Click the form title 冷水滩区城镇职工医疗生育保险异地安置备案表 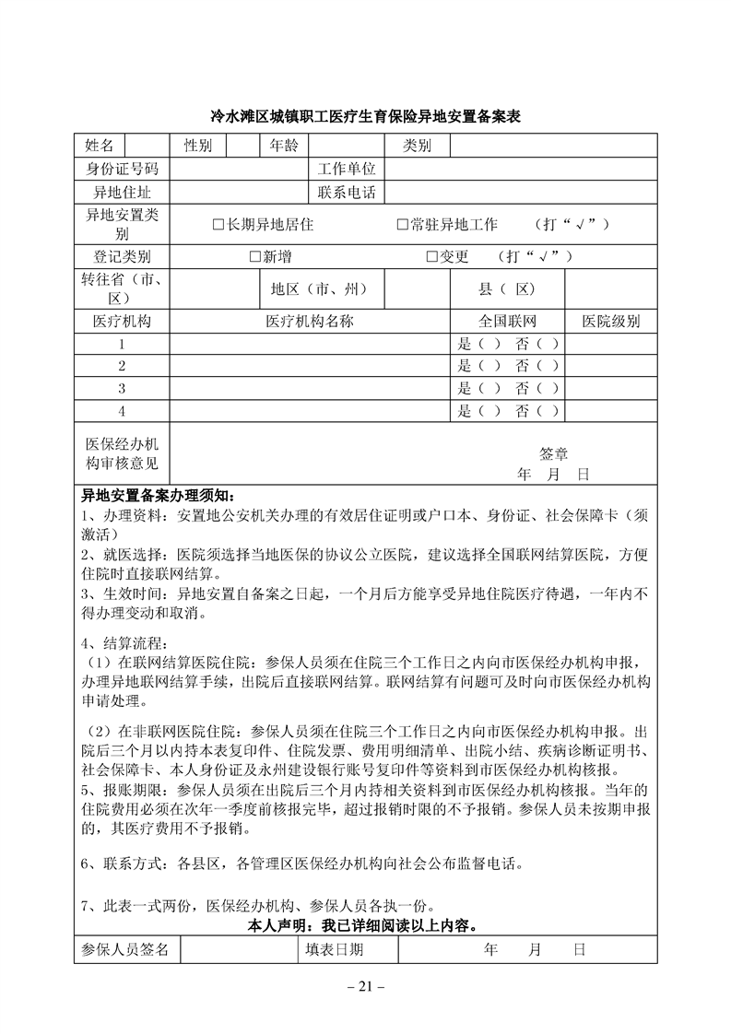(x=366, y=118)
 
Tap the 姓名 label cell (x=100, y=146)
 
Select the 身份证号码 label (x=122, y=170)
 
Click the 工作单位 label (x=347, y=170)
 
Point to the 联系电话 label (x=347, y=193)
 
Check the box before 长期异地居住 (x=218, y=225)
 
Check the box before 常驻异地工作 (x=402, y=225)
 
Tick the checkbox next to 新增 (x=254, y=257)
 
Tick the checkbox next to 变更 (x=431, y=257)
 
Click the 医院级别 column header (x=610, y=322)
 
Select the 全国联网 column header (x=507, y=322)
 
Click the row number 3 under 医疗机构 (x=122, y=388)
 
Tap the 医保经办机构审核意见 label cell (x=122, y=453)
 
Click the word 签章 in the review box (x=553, y=453)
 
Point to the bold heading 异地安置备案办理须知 (x=159, y=495)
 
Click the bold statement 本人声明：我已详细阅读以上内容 (x=366, y=924)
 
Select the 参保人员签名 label (x=125, y=950)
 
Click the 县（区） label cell (x=507, y=289)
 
